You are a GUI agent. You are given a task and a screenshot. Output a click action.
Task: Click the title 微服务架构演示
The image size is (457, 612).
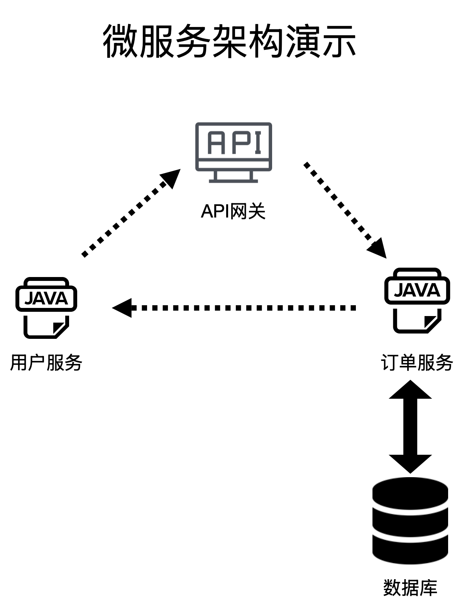point(229,41)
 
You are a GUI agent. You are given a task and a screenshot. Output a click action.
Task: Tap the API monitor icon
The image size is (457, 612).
point(234,152)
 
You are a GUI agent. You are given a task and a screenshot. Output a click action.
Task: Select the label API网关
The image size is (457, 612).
point(233,211)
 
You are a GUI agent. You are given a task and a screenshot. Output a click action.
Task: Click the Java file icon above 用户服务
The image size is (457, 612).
point(46,308)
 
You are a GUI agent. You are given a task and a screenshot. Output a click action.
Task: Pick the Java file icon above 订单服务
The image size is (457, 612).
point(417,300)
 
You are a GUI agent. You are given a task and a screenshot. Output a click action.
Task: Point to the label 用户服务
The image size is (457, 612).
point(46,363)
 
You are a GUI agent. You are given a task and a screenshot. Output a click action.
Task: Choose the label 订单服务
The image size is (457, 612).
point(417,363)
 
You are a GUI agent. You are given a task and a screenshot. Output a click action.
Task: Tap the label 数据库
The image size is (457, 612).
point(410,588)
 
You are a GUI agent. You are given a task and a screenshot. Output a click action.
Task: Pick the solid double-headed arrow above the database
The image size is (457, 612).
point(410,427)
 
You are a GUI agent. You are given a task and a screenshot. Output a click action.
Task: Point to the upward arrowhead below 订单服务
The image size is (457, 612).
point(410,389)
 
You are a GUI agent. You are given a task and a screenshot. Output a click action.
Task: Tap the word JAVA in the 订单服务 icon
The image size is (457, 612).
point(417,291)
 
